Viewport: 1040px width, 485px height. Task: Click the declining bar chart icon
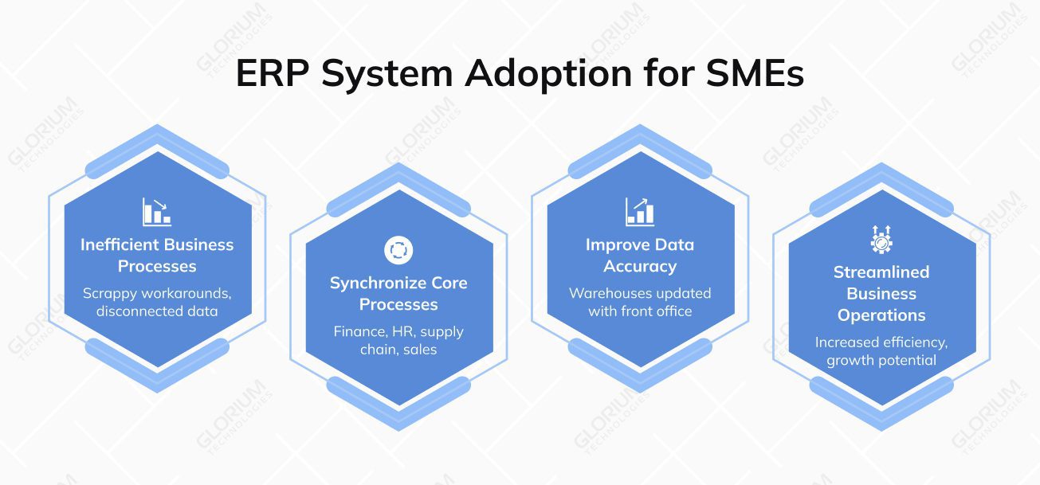tap(156, 211)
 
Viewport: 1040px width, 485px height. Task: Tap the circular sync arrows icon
tap(398, 250)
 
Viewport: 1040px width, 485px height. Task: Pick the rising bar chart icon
tap(639, 211)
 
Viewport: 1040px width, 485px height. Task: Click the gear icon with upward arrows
tap(881, 239)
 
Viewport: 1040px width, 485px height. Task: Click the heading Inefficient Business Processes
tap(157, 255)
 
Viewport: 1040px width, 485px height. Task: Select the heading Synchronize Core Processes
tap(398, 294)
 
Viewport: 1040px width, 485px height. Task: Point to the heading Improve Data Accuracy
tap(640, 255)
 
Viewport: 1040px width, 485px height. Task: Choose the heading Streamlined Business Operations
tap(881, 293)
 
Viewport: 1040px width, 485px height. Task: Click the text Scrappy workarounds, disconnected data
tap(157, 302)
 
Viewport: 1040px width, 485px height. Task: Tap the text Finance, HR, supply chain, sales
tap(398, 340)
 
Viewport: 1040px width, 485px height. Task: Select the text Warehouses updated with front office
tap(640, 302)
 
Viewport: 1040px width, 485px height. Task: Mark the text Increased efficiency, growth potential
tap(881, 351)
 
